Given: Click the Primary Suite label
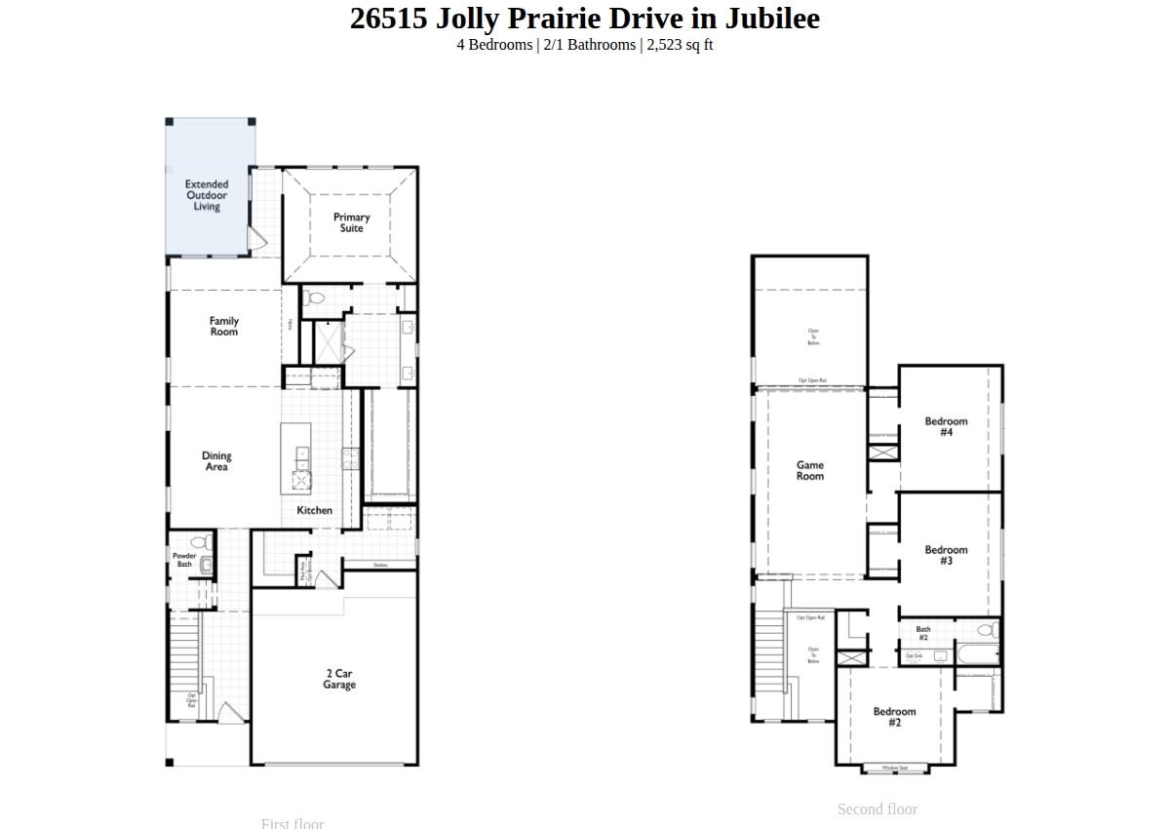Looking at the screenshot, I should tap(352, 222).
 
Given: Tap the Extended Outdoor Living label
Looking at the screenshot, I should tap(207, 195).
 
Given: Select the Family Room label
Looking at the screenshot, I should tap(224, 326).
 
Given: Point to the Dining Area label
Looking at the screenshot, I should tap(216, 461).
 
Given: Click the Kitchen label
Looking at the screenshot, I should tap(315, 510).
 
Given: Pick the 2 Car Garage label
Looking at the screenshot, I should tap(339, 679).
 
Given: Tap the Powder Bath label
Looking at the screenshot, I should tap(184, 560).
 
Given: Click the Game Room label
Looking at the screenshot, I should tap(810, 470).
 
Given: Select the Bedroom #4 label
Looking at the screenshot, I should tap(946, 426).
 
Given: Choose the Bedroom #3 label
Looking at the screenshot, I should tap(946, 555).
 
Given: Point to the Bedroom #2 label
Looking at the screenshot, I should tap(894, 717).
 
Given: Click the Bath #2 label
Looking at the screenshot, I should tap(923, 633).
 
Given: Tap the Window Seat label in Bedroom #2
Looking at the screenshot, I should tap(895, 769).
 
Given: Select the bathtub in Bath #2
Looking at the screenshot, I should tap(977, 654).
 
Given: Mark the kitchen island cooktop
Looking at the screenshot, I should tap(301, 479).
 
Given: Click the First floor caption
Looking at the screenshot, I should tap(292, 823).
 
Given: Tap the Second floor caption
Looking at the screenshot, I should tap(877, 809).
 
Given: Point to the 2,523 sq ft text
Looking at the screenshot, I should tap(680, 45).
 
